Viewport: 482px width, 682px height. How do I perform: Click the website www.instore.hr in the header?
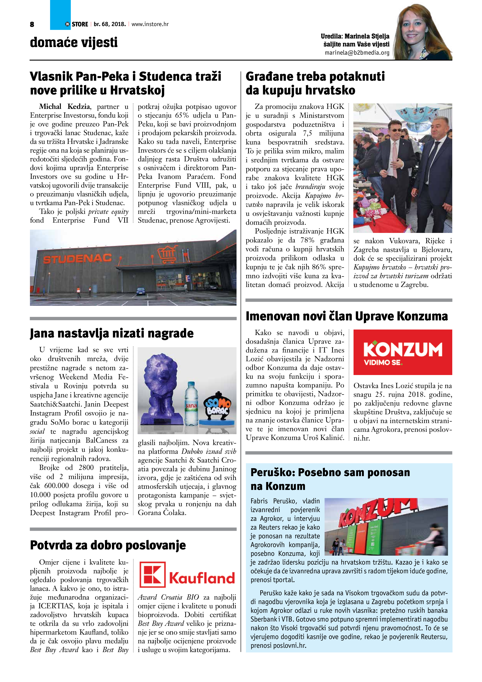point(150,24)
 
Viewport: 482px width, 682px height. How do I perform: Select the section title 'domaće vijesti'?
point(74,42)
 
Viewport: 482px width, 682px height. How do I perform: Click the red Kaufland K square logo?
point(152,575)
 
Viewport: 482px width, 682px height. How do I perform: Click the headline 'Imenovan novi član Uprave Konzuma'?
point(347,316)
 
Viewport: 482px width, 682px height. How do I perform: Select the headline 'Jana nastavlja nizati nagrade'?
point(112,333)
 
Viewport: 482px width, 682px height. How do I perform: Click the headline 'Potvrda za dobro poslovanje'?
point(108,545)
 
